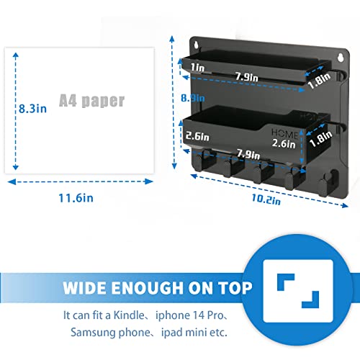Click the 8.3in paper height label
32,109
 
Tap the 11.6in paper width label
76,198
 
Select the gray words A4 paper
91,101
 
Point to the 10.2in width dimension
266,199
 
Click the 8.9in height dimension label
193,98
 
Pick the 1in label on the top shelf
197,68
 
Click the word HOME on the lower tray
285,134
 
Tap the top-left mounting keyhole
197,45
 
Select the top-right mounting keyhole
341,57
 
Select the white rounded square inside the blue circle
298,291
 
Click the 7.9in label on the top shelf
246,77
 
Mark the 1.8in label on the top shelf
319,81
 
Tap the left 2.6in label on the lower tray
197,136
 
